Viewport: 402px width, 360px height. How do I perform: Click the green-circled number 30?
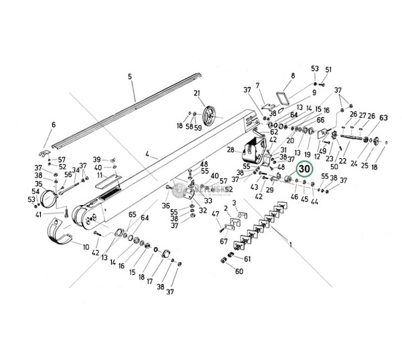point(305,169)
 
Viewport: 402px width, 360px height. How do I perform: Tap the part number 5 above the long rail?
point(130,77)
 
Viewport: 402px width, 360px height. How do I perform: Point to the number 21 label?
point(197,93)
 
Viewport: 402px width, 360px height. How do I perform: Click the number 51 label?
point(328,70)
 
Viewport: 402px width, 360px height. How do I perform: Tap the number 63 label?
point(383,118)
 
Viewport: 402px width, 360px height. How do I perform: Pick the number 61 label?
point(247,259)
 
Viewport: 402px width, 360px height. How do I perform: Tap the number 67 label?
point(224,241)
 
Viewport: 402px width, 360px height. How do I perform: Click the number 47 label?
point(215,214)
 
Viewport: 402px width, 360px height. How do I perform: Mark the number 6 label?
point(54,125)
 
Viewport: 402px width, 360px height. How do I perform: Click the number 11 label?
point(99,176)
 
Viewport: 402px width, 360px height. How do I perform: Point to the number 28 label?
point(230,149)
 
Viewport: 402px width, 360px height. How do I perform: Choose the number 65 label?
point(132,215)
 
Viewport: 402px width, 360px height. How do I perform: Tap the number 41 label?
point(39,215)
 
